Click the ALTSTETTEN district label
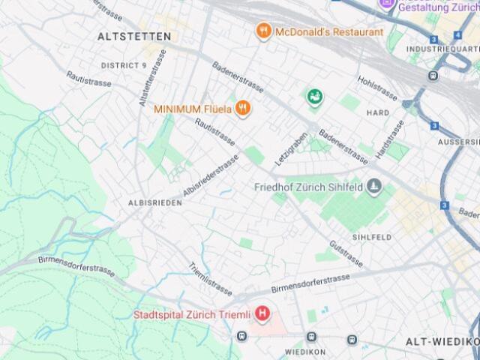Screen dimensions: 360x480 coord(134,36)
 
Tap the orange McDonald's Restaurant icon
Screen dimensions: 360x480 coord(263,31)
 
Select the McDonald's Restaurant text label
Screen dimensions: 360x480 coord(329,32)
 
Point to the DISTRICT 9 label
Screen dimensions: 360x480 coord(124,66)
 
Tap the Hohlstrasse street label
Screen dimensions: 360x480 coord(377,88)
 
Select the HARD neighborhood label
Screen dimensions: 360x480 coord(377,112)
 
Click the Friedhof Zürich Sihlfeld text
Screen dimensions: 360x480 coord(309,187)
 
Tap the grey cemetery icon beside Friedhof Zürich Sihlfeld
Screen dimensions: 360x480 coord(374,187)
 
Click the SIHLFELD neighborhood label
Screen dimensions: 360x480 coord(372,237)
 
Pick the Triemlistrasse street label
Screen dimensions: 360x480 coord(211,278)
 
